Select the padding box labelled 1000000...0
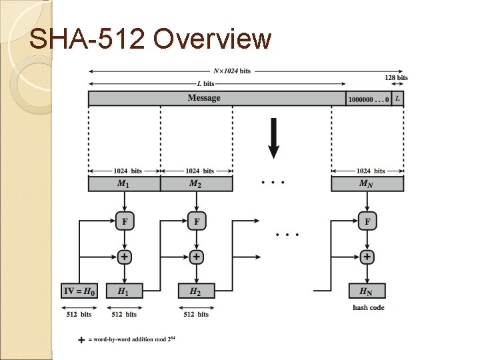368,99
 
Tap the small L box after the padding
397,99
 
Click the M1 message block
124,184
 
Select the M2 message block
196,184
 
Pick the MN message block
367,184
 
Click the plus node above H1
124,257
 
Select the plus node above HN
367,257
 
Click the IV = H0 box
79,291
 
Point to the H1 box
124,291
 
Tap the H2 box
196,291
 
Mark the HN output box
367,291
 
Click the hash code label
369,307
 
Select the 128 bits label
397,78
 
